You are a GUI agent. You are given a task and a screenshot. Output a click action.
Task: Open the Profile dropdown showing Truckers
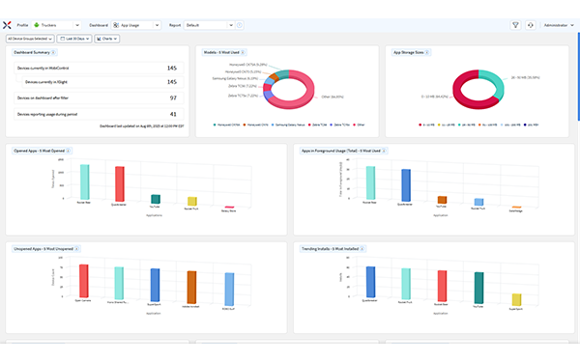58,25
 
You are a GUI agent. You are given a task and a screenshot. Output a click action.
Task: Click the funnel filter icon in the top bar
515,25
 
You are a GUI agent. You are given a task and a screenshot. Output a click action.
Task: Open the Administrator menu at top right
557,25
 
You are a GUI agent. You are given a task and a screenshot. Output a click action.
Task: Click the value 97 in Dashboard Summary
172,97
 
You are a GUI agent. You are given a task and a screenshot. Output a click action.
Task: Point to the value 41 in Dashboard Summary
172,113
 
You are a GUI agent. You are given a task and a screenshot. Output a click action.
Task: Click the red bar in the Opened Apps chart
120,183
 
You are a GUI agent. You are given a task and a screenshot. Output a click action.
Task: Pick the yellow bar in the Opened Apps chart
191,201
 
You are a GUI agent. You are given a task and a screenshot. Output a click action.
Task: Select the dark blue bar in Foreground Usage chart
406,186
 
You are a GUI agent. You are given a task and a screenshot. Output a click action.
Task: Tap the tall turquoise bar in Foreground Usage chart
370,183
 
